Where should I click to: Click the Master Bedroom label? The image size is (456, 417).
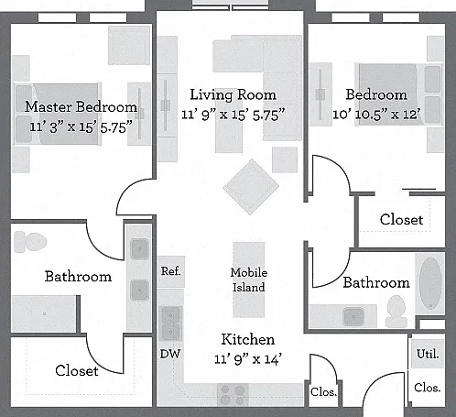click(x=81, y=107)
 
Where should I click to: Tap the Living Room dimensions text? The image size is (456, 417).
click(x=233, y=115)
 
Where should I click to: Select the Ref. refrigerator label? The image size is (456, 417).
click(x=171, y=271)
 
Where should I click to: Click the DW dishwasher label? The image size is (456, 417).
click(x=170, y=354)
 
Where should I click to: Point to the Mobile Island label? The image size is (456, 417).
click(x=249, y=280)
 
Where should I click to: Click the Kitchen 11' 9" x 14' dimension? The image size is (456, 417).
click(x=247, y=359)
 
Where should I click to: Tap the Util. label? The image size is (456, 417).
click(x=428, y=354)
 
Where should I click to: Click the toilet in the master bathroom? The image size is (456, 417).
click(x=30, y=242)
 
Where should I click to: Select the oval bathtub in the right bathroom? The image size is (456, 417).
click(x=430, y=283)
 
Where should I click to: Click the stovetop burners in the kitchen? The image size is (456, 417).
click(x=233, y=395)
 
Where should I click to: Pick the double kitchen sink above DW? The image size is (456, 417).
click(x=170, y=324)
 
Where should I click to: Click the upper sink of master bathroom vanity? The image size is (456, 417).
click(x=139, y=249)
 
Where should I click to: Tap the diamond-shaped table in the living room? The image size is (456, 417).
click(x=251, y=187)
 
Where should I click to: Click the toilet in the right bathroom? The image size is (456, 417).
click(x=396, y=311)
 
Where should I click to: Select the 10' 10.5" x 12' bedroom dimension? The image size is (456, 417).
click(x=376, y=115)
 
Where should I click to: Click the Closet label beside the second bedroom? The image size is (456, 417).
click(x=402, y=220)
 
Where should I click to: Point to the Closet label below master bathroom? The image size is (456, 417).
click(x=77, y=371)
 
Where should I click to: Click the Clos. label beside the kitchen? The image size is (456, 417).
click(x=323, y=392)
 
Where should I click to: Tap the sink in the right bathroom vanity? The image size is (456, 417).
click(x=353, y=316)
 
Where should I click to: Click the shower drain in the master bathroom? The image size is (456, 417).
click(x=45, y=313)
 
